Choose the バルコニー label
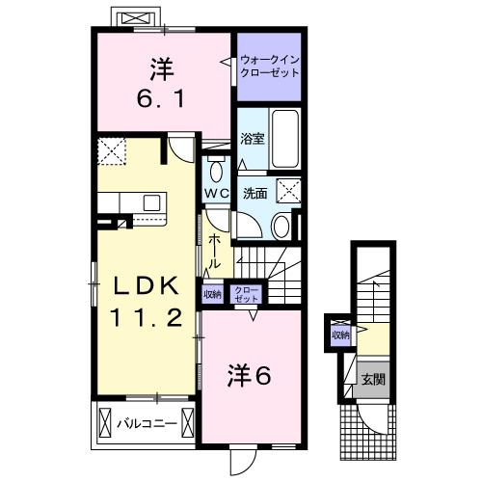point(146,421)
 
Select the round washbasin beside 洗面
point(281,226)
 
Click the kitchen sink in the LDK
point(152,201)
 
